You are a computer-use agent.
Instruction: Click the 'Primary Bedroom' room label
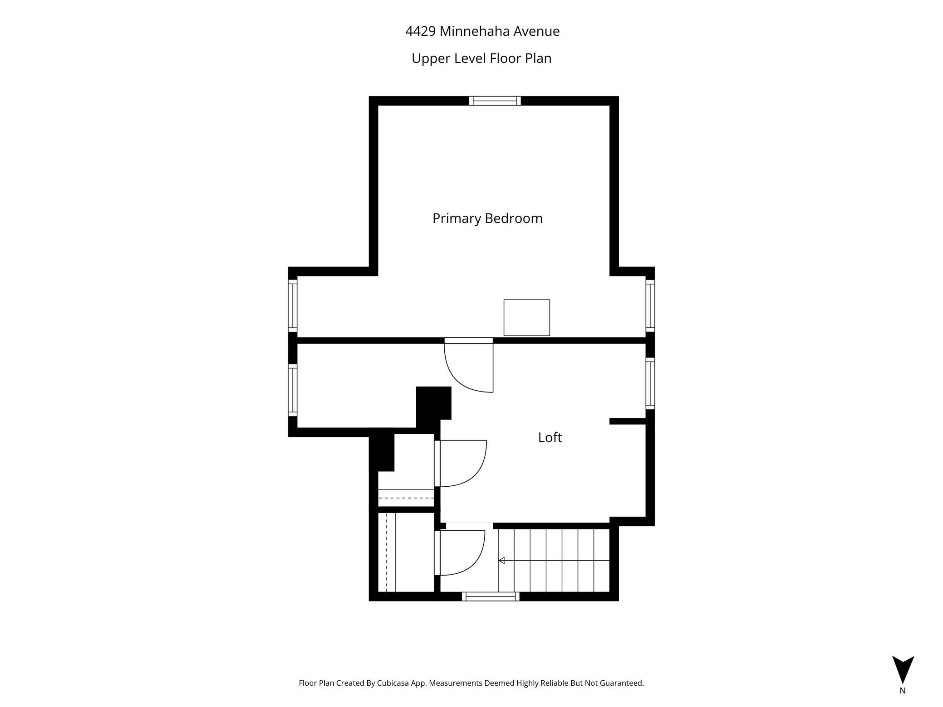(x=487, y=218)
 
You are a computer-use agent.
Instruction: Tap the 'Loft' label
(x=550, y=437)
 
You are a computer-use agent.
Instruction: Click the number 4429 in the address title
(x=420, y=31)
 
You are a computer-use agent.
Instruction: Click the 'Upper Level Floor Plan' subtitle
(x=481, y=58)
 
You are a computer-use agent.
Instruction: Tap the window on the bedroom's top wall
(x=495, y=101)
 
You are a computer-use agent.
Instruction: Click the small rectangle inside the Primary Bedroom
(x=527, y=318)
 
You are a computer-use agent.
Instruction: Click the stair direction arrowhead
(x=501, y=561)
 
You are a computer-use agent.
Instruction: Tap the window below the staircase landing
(x=491, y=596)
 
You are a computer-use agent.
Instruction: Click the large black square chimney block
(x=434, y=402)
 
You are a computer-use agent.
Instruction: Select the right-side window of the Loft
(x=650, y=383)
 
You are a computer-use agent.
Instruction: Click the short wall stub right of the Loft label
(x=627, y=421)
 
